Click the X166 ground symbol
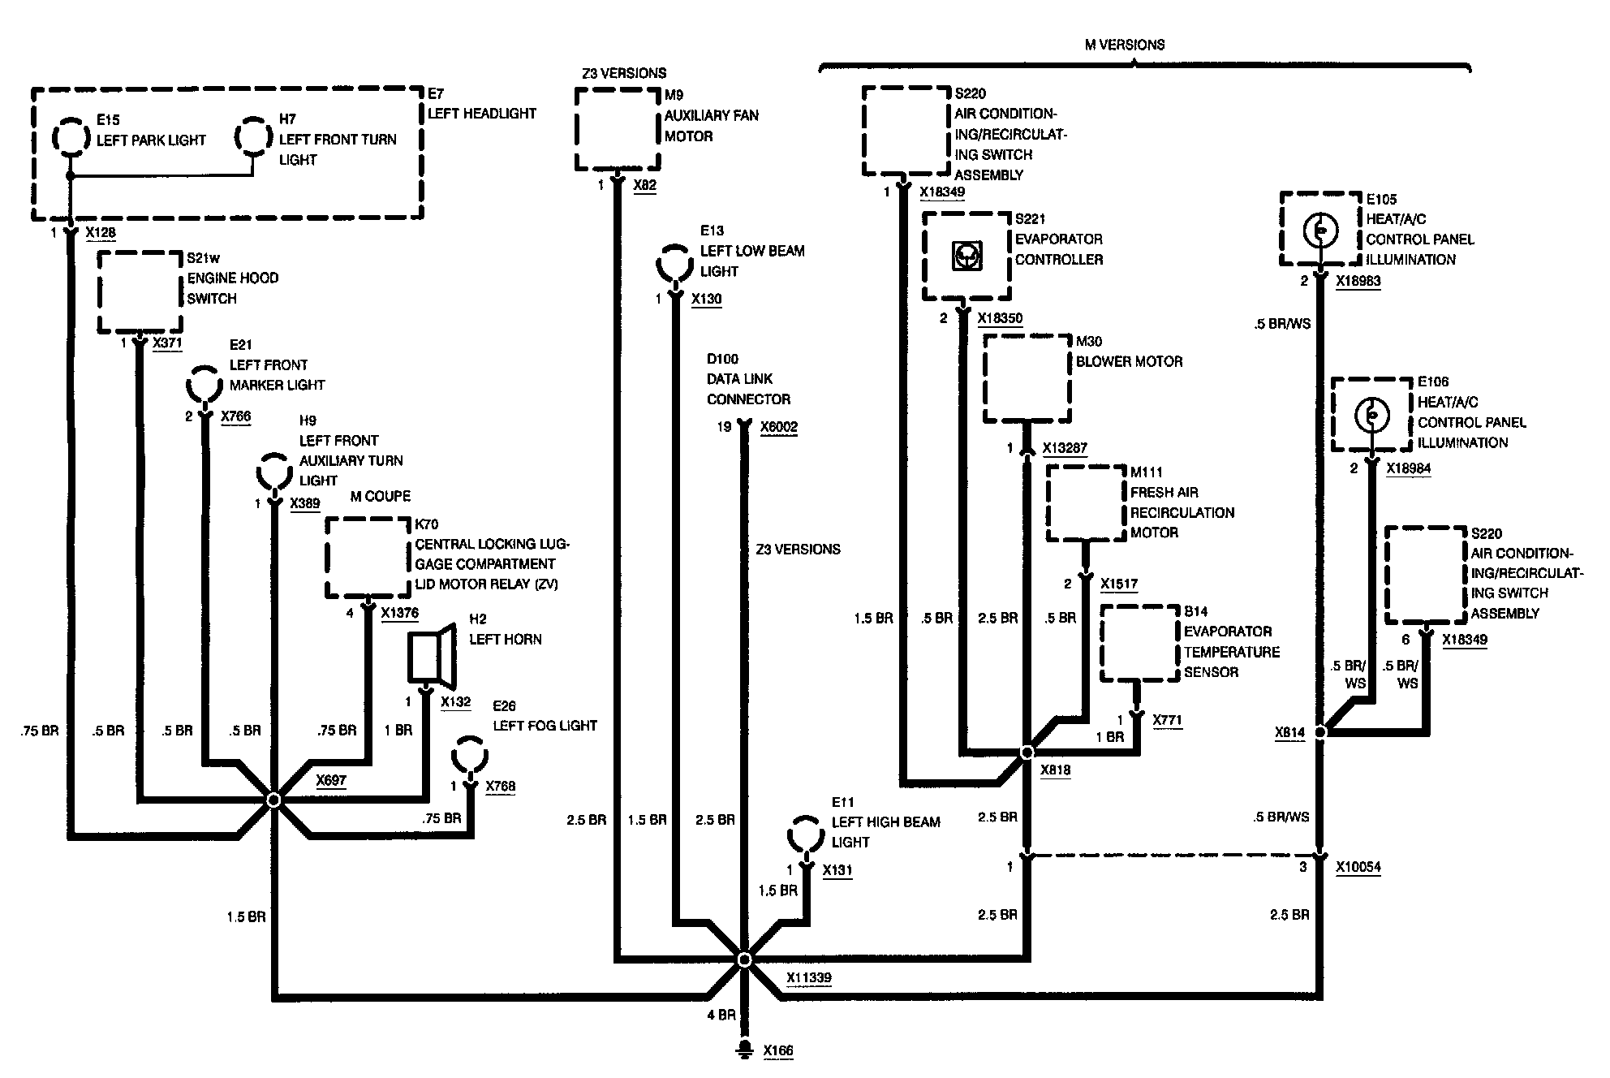(x=743, y=1050)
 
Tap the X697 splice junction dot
(x=273, y=800)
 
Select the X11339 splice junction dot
(x=744, y=959)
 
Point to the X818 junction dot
(x=1027, y=752)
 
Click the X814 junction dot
(x=1320, y=731)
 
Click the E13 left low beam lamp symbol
(x=674, y=262)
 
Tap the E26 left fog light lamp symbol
(x=470, y=756)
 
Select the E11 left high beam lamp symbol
(x=806, y=834)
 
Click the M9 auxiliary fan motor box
(x=617, y=129)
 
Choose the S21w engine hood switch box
(x=140, y=292)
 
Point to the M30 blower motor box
(x=1027, y=378)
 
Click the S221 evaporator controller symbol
(x=967, y=257)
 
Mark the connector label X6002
(x=778, y=427)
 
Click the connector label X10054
(x=1358, y=867)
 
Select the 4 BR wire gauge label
(x=721, y=1015)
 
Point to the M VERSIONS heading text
(x=1124, y=45)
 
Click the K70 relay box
(x=368, y=558)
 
